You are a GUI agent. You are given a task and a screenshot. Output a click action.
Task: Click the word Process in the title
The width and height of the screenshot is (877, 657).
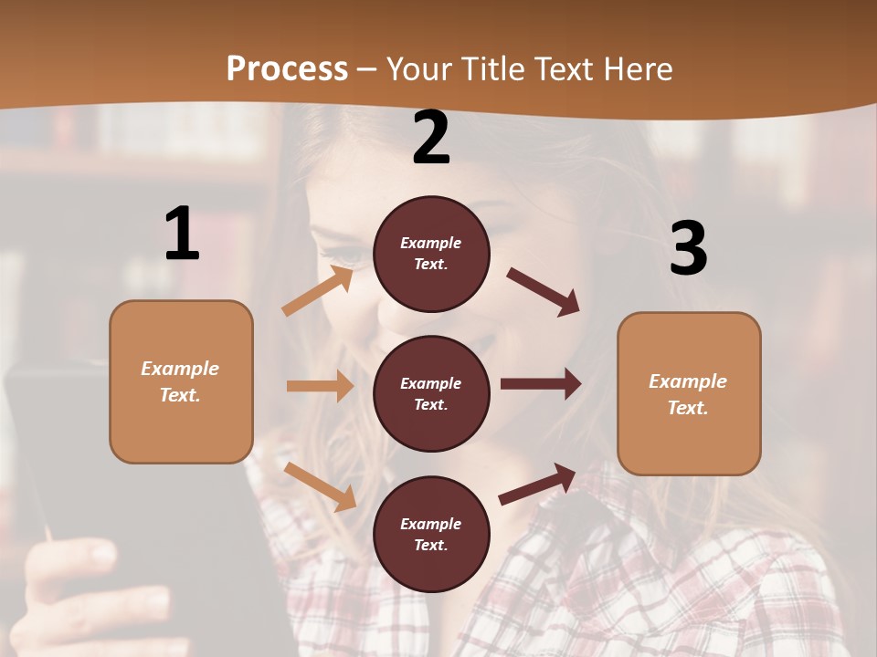287,69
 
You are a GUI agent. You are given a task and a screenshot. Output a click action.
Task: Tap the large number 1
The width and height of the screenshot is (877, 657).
182,234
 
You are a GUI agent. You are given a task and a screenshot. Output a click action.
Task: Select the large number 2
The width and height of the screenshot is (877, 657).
431,138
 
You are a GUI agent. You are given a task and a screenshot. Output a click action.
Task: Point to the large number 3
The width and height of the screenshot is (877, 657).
688,248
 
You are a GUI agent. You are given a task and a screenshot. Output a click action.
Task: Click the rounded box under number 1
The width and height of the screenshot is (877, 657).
181,381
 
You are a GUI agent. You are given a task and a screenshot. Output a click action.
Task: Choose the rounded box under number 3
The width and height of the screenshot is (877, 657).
689,393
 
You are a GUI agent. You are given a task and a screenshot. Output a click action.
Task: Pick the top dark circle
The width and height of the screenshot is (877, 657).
431,253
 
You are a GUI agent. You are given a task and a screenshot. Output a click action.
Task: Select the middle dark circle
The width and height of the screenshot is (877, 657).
431,393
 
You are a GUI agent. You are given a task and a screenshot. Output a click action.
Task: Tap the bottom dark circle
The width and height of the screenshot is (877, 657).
431,534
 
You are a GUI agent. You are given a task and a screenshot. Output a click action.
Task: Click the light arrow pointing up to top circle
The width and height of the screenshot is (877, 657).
317,291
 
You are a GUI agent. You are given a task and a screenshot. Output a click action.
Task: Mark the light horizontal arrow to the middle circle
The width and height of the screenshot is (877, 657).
320,386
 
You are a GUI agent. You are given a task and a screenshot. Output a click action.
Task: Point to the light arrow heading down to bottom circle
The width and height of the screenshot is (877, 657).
320,486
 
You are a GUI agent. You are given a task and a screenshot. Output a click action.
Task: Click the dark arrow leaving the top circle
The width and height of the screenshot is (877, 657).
544,292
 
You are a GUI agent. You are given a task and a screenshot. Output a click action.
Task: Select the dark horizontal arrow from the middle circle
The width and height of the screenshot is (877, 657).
541,384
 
